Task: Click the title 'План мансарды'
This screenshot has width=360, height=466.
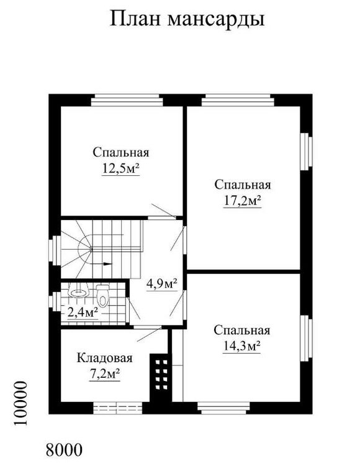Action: click(187, 20)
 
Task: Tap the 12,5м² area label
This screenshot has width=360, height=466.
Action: click(121, 168)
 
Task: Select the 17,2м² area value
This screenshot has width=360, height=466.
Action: click(242, 201)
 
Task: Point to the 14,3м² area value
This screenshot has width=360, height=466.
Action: click(241, 346)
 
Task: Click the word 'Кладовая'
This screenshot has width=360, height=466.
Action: click(104, 358)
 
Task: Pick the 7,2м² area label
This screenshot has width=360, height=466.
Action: click(104, 374)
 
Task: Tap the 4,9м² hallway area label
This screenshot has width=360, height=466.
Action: click(162, 284)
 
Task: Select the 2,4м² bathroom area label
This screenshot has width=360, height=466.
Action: click(83, 313)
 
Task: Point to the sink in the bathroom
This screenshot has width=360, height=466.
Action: click(78, 291)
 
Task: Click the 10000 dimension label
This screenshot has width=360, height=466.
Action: click(20, 403)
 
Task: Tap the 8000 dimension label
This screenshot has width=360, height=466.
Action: click(64, 450)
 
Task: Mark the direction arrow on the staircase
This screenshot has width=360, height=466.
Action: click(101, 263)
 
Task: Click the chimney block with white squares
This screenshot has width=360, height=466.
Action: click(161, 377)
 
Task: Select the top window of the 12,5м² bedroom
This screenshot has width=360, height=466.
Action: click(127, 100)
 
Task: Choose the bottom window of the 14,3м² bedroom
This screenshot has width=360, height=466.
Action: click(224, 408)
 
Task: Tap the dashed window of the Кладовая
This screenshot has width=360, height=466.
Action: click(117, 408)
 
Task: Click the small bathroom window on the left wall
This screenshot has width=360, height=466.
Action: click(55, 302)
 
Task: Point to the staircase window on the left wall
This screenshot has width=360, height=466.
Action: click(55, 250)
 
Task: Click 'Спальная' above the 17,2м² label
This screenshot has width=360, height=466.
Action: click(243, 185)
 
